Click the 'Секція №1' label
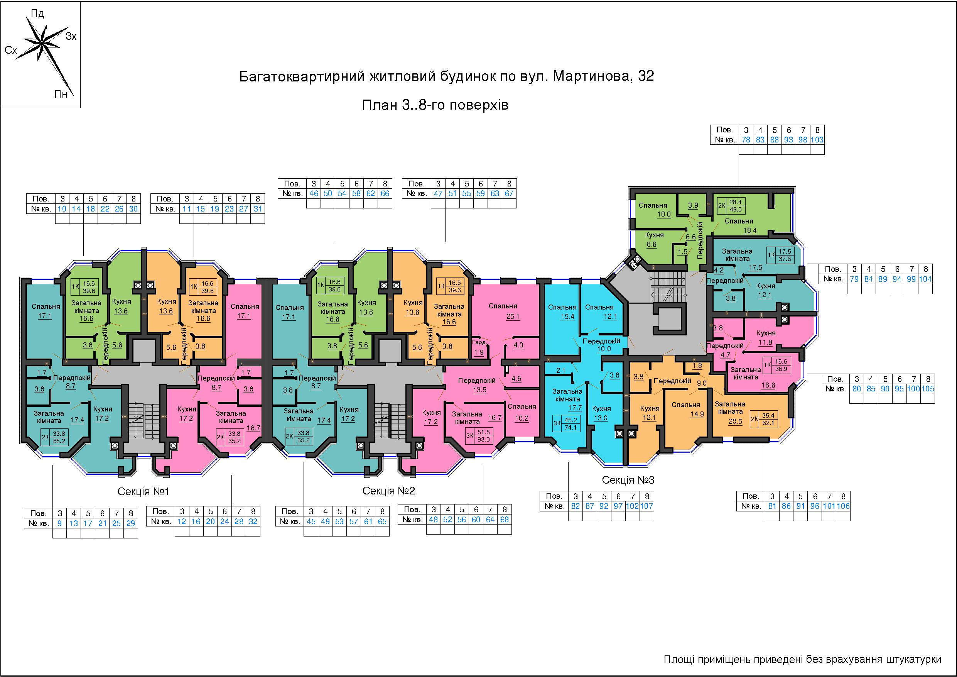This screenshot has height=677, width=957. tap(143, 492)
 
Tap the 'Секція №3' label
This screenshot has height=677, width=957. tap(628, 480)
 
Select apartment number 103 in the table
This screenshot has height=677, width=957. tap(817, 140)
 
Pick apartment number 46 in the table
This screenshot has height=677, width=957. tap(314, 193)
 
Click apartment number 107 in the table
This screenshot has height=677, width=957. tap(646, 506)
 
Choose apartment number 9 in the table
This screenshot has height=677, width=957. tap(60, 523)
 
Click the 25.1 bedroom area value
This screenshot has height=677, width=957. tap(513, 316)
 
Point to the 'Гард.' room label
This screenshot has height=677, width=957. tap(479, 342)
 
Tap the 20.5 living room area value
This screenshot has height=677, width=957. tap(735, 421)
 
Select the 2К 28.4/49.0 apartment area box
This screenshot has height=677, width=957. tap(731, 206)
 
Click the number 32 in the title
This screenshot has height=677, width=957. tap(646, 76)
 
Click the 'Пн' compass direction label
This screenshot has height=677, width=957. tap(61, 94)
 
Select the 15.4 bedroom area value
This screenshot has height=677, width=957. tap(567, 316)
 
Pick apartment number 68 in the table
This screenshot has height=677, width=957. tap(504, 520)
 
